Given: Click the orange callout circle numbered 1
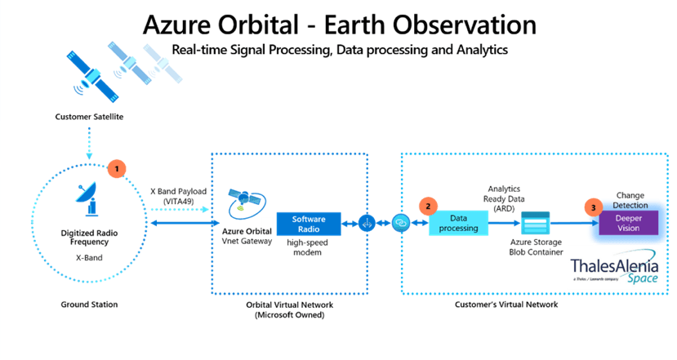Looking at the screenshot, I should [x=118, y=168].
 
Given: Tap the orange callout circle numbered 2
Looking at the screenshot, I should [x=425, y=207].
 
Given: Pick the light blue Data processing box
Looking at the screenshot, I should [x=458, y=222].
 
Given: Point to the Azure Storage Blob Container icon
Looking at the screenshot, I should [x=536, y=223].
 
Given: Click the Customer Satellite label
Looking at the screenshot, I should [x=89, y=117].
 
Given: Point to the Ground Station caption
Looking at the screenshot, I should [x=89, y=304].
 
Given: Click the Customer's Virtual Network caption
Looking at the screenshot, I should [x=506, y=304].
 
